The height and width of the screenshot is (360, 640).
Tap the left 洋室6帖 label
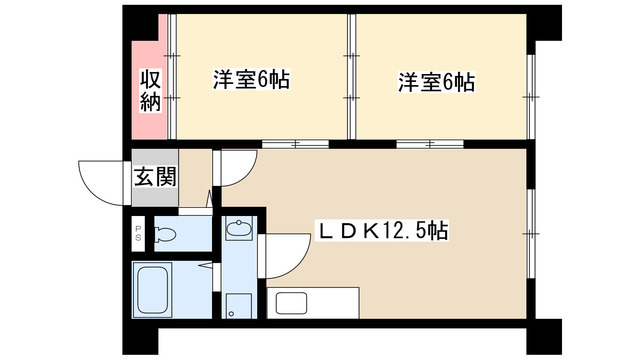tap(250, 81)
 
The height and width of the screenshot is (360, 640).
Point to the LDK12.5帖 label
tap(383, 232)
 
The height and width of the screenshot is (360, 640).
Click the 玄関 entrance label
tap(155, 177)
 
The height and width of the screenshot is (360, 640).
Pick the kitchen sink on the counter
tap(288, 301)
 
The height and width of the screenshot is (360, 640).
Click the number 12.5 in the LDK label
tap(405, 232)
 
